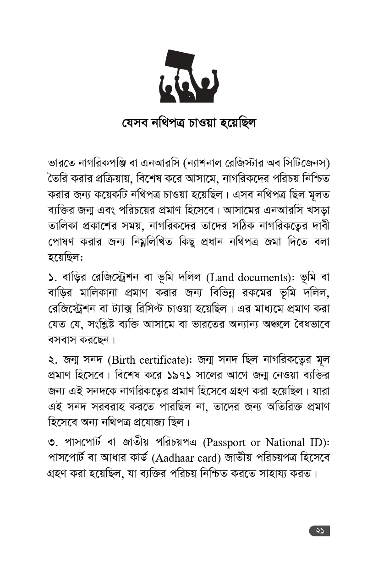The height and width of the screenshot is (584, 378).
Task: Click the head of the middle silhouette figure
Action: (x=186, y=85)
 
